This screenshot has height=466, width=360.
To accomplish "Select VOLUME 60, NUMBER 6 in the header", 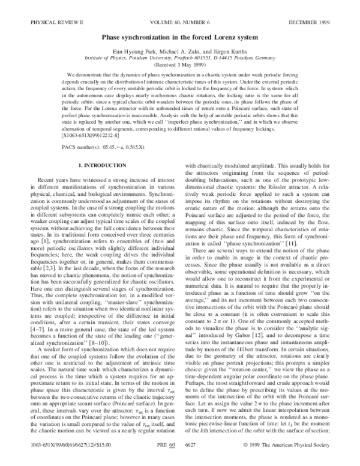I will coord(181,7).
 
